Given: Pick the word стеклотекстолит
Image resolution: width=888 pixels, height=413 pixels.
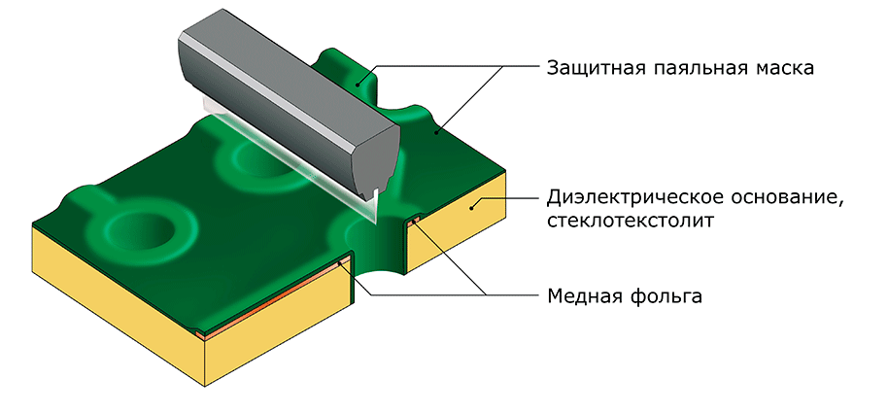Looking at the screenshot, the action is click(631, 221).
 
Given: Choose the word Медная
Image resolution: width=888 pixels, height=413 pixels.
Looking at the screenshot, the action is click(583, 295).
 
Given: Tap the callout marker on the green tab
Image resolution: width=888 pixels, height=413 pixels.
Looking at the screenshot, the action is click(358, 84).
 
